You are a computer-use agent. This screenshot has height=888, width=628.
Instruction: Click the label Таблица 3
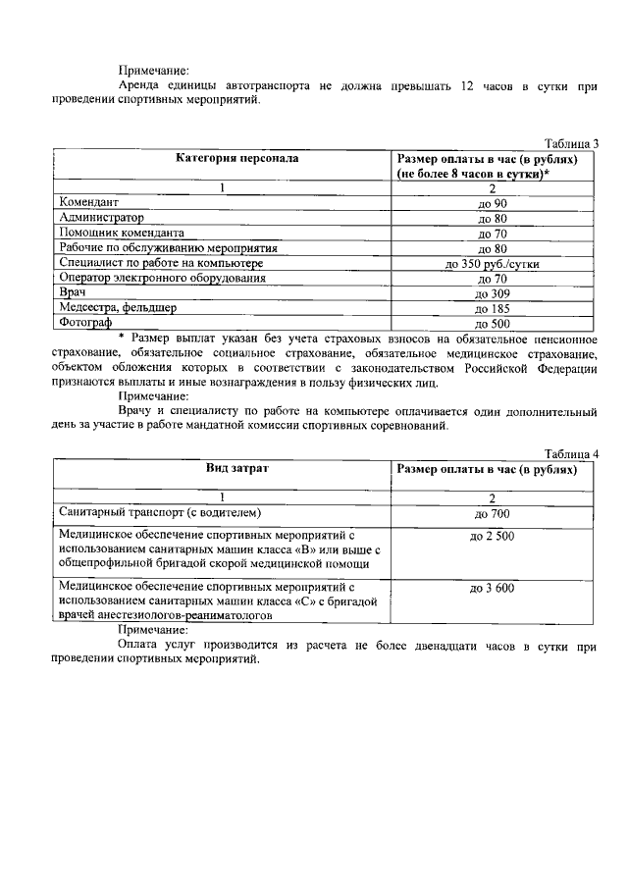tap(571, 143)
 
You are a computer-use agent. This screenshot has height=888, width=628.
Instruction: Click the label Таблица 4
tap(571, 453)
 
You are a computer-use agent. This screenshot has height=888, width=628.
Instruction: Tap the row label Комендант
tap(89, 202)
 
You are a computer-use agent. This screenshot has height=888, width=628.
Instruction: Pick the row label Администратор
tap(101, 218)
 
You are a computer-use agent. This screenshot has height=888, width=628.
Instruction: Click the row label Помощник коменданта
tap(122, 234)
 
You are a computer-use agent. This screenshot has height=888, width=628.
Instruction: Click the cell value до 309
tap(493, 293)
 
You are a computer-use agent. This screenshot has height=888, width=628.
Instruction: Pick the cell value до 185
tap(493, 308)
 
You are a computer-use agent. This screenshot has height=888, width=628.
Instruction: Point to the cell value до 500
tap(493, 323)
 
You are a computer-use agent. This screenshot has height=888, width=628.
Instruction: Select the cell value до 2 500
tap(493, 536)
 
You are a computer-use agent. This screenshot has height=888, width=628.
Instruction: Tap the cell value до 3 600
tap(493, 588)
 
